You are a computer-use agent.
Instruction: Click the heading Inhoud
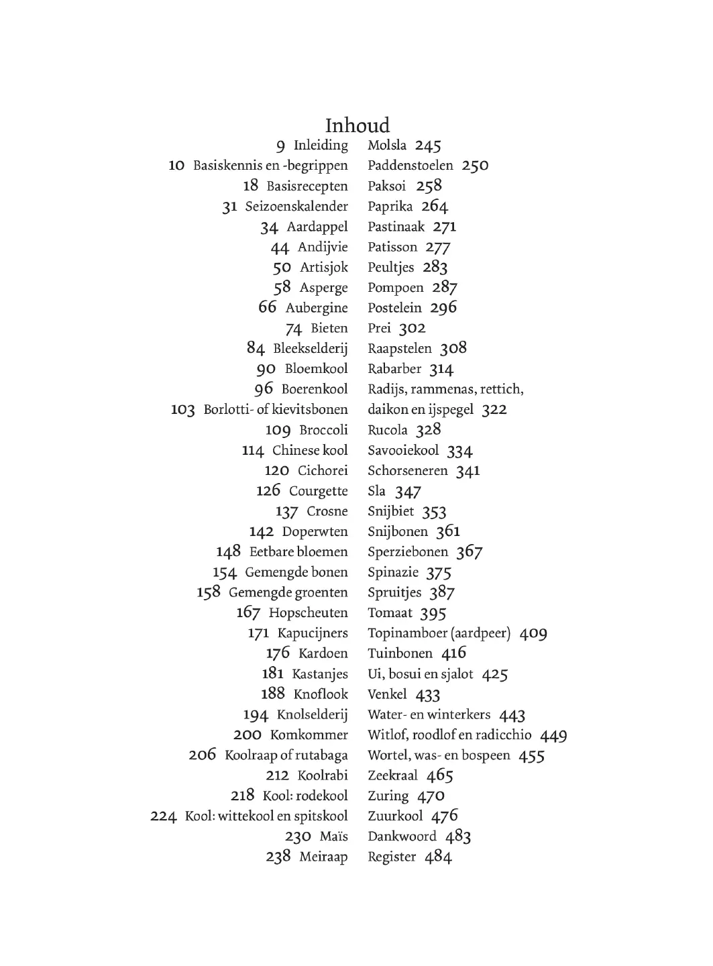[357, 125]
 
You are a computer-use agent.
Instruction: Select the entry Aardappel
[317, 227]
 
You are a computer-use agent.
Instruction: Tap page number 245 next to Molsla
[428, 146]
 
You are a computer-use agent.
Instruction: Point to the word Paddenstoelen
[410, 166]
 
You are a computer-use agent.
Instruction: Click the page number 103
[183, 410]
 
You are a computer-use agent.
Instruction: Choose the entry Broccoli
[323, 430]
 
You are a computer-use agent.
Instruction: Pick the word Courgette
[319, 491]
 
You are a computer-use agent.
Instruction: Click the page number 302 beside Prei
[413, 329]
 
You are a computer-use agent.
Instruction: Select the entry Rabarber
[394, 369]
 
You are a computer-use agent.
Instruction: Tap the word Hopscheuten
[309, 613]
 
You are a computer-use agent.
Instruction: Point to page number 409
[533, 633]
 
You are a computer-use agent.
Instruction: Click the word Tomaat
[390, 613]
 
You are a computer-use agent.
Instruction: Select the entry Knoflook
[321, 694]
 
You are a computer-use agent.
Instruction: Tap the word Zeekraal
[392, 775]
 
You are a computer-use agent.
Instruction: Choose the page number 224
[163, 816]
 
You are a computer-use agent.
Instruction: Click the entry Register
[392, 857]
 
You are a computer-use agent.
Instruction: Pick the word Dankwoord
[402, 837]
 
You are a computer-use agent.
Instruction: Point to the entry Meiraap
[323, 857]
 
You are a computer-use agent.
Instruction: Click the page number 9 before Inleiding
[280, 146]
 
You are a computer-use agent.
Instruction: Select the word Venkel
[387, 694]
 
